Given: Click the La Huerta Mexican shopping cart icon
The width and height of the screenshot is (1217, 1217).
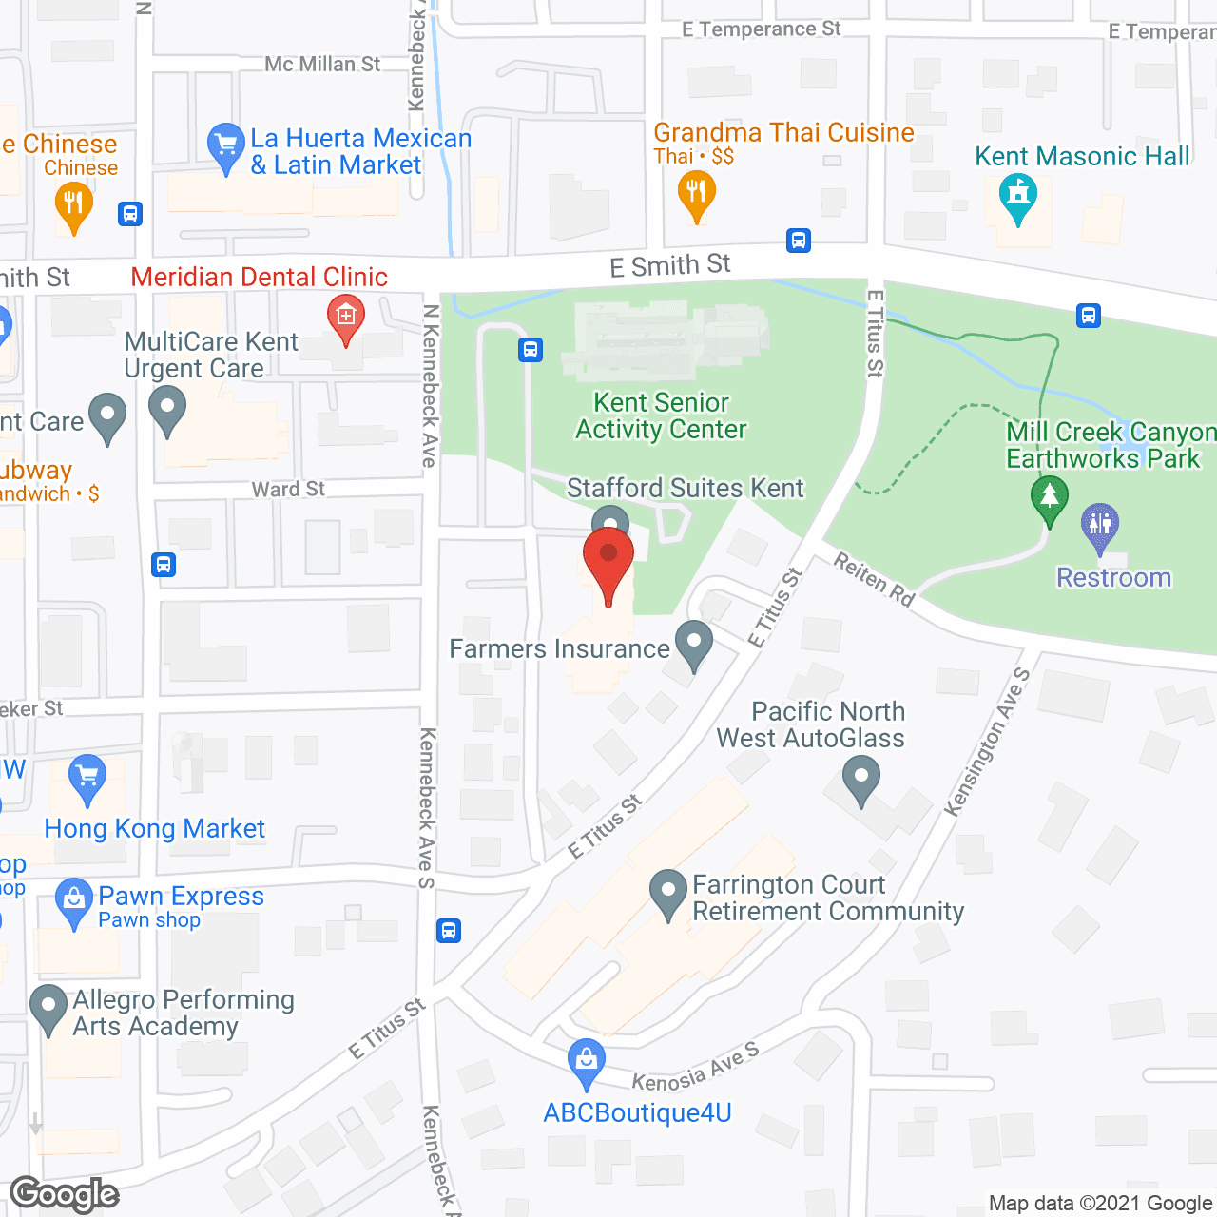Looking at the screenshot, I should point(226,147).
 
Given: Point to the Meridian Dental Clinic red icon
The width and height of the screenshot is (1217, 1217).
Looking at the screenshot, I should point(345,317).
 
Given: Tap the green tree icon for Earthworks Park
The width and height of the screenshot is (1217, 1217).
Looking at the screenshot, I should point(1050,499).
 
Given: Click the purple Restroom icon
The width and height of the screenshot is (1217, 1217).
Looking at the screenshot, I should point(1100,526).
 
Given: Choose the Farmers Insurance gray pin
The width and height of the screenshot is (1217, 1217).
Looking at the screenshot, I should point(694,644).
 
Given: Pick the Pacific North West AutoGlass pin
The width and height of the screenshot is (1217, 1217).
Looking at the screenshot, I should point(861,779).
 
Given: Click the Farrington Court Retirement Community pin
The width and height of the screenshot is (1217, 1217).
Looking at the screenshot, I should point(668,893).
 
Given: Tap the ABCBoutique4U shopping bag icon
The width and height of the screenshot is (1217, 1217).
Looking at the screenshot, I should point(586,1062).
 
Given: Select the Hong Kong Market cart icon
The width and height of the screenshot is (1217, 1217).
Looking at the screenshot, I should point(87,779).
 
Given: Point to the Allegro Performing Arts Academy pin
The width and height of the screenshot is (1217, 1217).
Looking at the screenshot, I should point(48,1009).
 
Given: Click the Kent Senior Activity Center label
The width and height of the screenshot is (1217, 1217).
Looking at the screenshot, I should point(662,416).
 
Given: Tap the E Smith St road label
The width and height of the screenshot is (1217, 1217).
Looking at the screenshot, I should point(670,265).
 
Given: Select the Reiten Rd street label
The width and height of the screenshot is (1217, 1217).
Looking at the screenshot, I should point(874,579).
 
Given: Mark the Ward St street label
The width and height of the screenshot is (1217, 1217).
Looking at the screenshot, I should point(288,490).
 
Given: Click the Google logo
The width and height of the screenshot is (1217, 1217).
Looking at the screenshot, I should point(65,1194).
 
